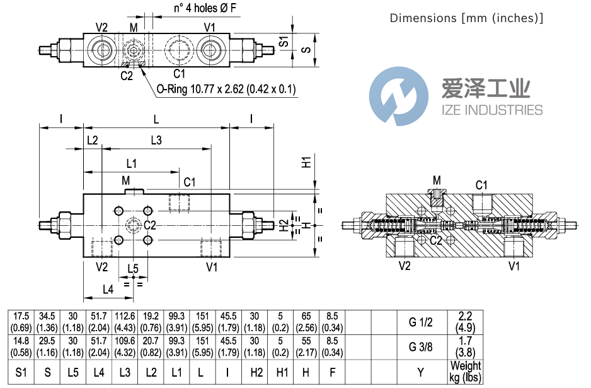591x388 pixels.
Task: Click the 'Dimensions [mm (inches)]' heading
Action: coord(466,18)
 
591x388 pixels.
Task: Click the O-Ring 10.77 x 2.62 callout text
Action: coord(226,89)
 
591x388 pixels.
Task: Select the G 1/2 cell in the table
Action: coord(421,322)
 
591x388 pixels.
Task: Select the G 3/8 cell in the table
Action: coord(421,346)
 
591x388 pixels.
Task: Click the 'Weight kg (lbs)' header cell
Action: coord(466,371)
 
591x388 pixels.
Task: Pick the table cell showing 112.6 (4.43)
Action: coord(125,322)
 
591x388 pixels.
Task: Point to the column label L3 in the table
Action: coord(125,371)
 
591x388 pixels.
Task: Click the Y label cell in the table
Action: coord(421,371)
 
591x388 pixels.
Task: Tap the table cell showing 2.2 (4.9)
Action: coord(466,322)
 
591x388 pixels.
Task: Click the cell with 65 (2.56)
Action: coord(306,322)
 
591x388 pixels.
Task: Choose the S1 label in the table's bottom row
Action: coord(21,371)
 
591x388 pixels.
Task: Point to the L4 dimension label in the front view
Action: coord(108,290)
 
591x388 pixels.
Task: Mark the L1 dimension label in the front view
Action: coord(131,163)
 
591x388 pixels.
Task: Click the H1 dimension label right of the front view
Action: coord(306,161)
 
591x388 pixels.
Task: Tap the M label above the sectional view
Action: coord(437,180)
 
